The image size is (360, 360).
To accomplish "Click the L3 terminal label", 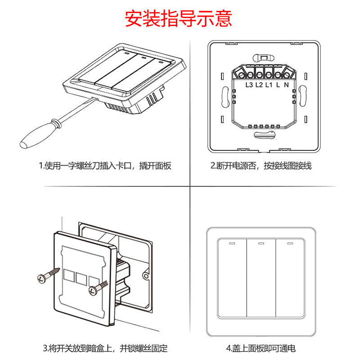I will pyautogui.click(x=249, y=85).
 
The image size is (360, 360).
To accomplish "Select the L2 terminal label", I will pyautogui.click(x=259, y=85).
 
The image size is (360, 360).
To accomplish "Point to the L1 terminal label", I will pyautogui.click(x=268, y=85).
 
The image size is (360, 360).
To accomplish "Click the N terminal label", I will pyautogui.click(x=287, y=85).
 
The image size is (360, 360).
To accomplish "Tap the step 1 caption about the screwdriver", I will pyautogui.click(x=105, y=166).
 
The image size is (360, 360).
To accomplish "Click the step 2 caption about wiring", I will pyautogui.click(x=261, y=166).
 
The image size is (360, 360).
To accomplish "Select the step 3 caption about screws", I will pyautogui.click(x=105, y=348).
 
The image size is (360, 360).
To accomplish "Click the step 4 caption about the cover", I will pyautogui.click(x=261, y=348).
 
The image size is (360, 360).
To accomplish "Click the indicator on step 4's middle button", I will pyautogui.click(x=261, y=244).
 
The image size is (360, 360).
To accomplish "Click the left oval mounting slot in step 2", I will pyautogui.click(x=225, y=95).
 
